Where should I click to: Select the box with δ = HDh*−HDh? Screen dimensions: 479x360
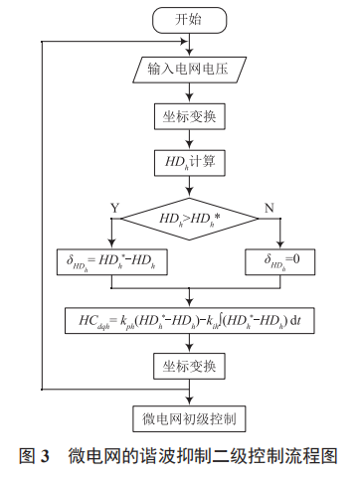click(111, 261)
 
